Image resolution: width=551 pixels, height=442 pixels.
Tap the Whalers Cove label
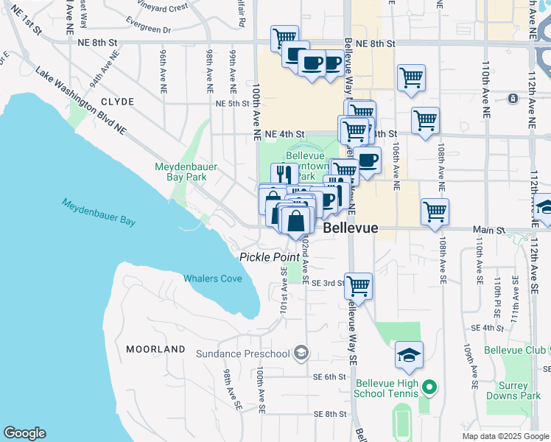213,278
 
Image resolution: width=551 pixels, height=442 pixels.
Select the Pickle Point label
270,257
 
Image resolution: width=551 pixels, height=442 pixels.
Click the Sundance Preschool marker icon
301,353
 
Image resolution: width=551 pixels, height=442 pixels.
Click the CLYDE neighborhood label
117,102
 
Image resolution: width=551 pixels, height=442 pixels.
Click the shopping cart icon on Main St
435,211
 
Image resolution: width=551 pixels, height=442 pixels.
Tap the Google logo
24,433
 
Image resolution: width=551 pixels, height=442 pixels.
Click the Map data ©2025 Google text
504,435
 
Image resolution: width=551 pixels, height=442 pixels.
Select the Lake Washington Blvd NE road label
81,102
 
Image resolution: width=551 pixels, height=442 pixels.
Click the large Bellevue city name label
351,228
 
